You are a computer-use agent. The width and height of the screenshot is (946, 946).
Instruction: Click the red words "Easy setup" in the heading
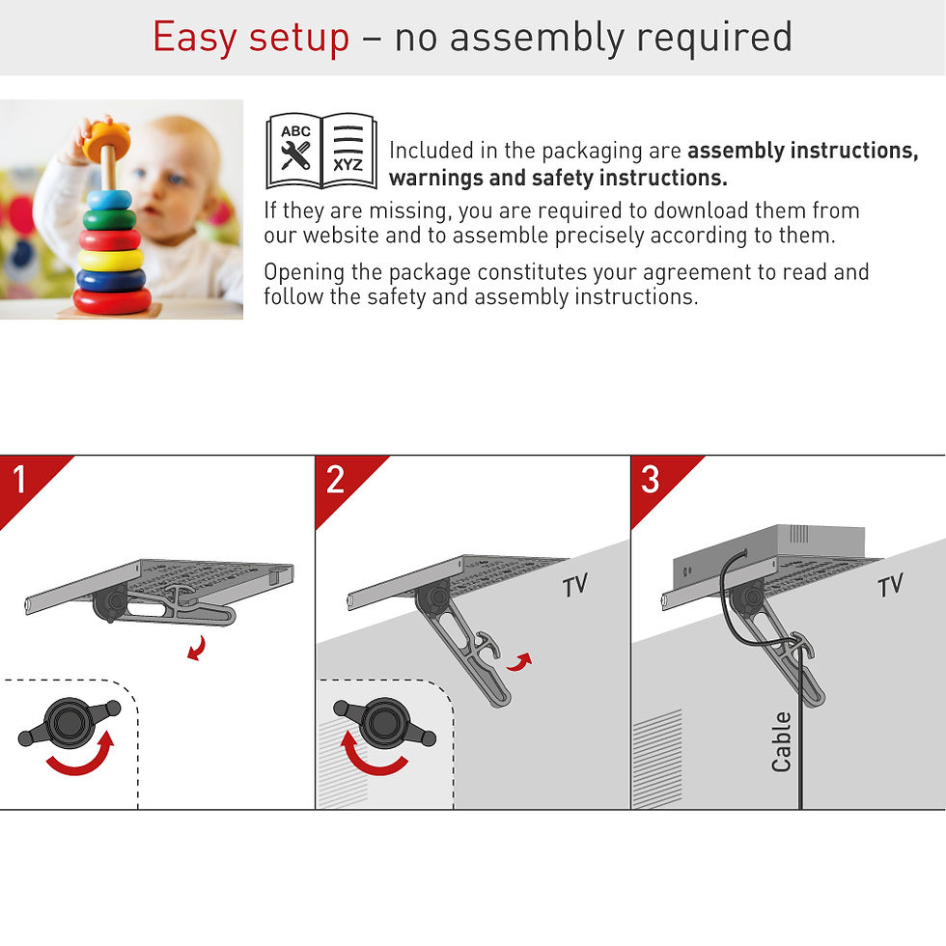point(251,38)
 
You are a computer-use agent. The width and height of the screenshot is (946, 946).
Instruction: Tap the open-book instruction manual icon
point(321,151)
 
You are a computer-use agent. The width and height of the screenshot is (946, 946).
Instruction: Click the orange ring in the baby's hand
point(106,141)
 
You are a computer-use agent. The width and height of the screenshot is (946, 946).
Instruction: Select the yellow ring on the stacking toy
point(110,260)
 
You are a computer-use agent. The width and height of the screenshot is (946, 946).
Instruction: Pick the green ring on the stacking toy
point(109,219)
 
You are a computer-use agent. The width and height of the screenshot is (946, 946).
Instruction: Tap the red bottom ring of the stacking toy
point(112,300)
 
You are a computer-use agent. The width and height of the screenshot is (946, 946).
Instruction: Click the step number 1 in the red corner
point(20,480)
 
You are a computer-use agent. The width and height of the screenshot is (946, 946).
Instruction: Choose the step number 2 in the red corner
point(336,480)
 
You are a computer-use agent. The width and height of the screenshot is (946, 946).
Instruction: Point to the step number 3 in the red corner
point(651,480)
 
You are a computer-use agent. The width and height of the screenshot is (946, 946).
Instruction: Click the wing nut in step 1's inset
point(70,722)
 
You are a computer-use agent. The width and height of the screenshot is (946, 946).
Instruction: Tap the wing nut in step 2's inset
point(384,722)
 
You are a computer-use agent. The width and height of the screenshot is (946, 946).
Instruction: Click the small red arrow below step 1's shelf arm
point(197,649)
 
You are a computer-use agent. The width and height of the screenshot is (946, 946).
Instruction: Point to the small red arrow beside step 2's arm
point(519,662)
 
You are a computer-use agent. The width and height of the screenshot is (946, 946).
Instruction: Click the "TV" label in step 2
point(575,585)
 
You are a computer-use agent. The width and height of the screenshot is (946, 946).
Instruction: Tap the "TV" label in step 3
point(890,585)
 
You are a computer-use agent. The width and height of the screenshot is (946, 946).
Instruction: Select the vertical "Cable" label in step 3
point(781,741)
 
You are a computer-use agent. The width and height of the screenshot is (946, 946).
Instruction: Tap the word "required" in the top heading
point(714,38)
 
